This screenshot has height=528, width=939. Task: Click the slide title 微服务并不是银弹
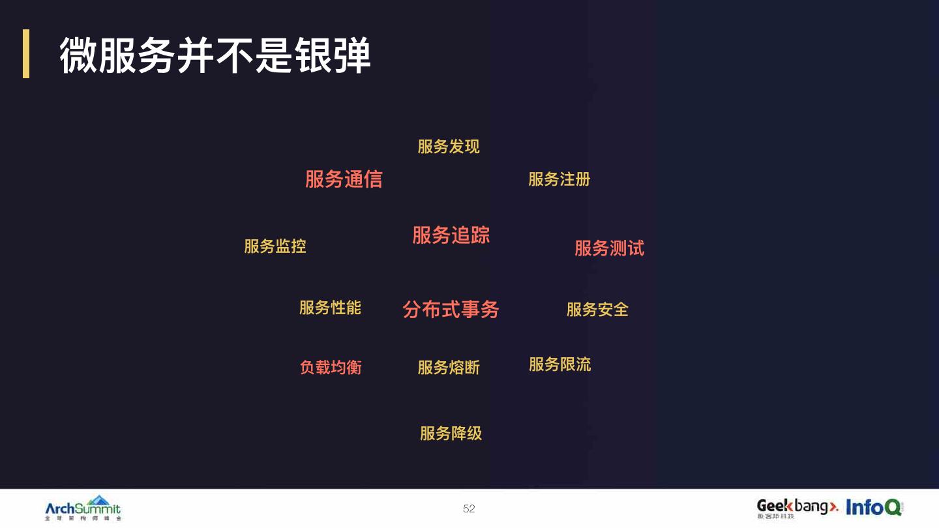(215, 55)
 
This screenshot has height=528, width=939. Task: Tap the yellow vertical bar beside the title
(26, 53)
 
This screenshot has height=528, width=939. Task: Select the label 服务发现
(449, 147)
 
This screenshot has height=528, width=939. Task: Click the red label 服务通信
(344, 179)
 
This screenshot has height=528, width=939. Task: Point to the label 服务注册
(559, 179)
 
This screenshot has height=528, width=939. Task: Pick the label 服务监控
(275, 246)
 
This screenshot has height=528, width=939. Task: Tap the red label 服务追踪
(451, 235)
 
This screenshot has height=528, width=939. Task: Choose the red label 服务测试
(609, 248)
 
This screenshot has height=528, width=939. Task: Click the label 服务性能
(330, 308)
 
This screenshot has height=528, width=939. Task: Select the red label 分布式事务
(451, 309)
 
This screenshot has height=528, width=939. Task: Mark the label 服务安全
(597, 310)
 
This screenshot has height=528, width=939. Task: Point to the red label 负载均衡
(331, 368)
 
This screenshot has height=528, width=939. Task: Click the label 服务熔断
(449, 368)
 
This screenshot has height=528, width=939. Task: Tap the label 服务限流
(559, 364)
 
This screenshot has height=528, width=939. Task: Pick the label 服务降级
(451, 433)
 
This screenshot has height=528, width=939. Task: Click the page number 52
(469, 508)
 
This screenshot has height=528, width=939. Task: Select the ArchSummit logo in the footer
(83, 508)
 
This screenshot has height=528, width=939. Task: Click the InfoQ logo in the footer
(874, 507)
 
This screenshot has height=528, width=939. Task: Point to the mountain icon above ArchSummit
(99, 500)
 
